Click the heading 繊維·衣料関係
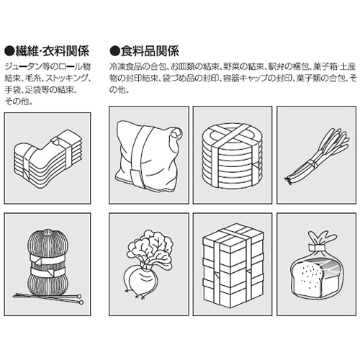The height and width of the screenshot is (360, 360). click(53, 51)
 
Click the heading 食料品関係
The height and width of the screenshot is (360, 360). click(150, 51)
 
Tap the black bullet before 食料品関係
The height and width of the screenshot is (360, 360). click(114, 51)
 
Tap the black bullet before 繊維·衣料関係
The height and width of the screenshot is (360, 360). click(9, 51)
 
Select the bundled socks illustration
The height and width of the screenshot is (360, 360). click(48, 159)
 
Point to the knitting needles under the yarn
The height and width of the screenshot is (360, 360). click(49, 297)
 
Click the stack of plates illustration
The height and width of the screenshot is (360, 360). click(233, 156)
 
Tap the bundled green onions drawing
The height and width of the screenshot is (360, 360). click(317, 156)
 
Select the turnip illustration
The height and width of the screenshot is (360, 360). click(149, 264)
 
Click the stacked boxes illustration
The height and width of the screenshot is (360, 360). click(233, 266)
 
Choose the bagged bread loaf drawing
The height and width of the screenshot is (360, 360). click(317, 264)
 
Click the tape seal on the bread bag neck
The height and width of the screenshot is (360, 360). click(316, 247)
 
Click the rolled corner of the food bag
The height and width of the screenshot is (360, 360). click(176, 134)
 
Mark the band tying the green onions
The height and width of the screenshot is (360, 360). click(312, 163)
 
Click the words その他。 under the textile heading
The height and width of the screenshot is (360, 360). click(19, 102)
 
